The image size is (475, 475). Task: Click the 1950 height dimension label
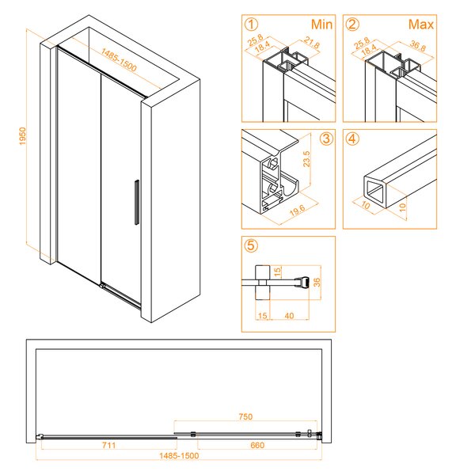click(x=23, y=136)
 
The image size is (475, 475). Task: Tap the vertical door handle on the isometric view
click(x=137, y=203)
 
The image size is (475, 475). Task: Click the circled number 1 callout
click(x=251, y=25)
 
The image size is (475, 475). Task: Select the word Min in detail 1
click(x=321, y=25)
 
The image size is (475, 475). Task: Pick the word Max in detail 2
click(x=421, y=25)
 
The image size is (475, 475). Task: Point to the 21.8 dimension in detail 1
click(x=312, y=43)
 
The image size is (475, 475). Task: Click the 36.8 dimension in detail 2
click(x=418, y=46)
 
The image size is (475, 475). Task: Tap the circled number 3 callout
click(x=326, y=139)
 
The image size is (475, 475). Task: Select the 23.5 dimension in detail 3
click(x=306, y=159)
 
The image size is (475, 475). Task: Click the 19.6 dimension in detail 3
click(x=297, y=211)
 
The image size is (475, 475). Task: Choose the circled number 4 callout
click(x=352, y=139)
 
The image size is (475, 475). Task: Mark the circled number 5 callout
click(x=251, y=245)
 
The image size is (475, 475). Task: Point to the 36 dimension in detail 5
click(x=317, y=283)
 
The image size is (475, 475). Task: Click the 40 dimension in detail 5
click(x=289, y=316)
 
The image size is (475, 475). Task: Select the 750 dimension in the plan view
click(x=245, y=416)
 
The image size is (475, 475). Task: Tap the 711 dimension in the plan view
click(x=108, y=445)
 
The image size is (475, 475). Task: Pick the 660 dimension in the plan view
click(x=257, y=445)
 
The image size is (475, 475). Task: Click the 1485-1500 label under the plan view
click(x=179, y=456)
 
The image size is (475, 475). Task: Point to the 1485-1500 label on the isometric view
click(x=119, y=59)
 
